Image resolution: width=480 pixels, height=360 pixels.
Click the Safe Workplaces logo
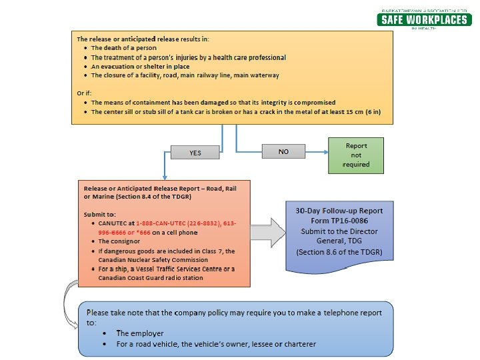pos(425,19)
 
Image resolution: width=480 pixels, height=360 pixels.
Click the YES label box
pos(195,153)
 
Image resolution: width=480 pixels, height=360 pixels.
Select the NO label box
pos(283,152)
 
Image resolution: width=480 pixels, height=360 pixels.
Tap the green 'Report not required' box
pos(356,155)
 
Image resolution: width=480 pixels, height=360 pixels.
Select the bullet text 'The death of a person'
pos(123,48)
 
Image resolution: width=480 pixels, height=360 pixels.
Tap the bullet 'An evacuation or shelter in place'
pos(140,67)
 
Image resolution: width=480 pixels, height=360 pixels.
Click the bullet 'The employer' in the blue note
pos(139,333)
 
